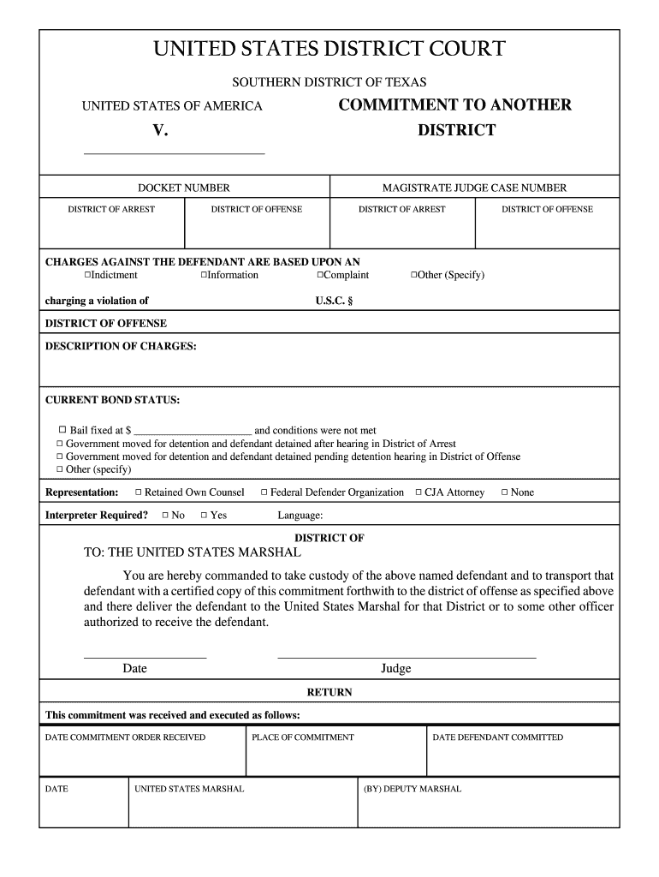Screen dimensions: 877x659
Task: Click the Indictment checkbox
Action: tap(87, 275)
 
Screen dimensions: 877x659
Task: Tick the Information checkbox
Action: tap(204, 275)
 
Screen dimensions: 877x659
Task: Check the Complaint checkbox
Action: tap(320, 275)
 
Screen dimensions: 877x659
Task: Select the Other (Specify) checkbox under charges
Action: tap(414, 275)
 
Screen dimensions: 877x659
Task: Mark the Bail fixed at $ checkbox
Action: tap(62, 430)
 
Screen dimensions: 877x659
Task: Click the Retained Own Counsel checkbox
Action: tap(138, 492)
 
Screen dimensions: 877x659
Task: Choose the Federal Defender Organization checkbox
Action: tap(264, 492)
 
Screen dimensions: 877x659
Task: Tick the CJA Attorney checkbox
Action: tap(418, 492)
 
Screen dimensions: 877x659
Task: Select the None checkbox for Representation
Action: tap(504, 492)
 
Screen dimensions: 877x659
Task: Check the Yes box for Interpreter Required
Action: tap(204, 516)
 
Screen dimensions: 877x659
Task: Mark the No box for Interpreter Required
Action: tap(165, 516)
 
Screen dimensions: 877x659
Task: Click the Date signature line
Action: tap(145, 656)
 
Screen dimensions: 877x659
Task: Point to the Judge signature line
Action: tap(407, 656)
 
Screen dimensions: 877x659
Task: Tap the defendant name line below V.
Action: tap(174, 152)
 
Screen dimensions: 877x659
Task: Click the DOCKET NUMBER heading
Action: tap(184, 188)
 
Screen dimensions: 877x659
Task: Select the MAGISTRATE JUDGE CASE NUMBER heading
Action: tap(474, 188)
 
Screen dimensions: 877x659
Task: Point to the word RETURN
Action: tap(329, 692)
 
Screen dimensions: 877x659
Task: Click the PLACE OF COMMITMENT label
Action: tap(303, 737)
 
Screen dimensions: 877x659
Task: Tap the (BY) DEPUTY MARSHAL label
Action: tap(413, 789)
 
